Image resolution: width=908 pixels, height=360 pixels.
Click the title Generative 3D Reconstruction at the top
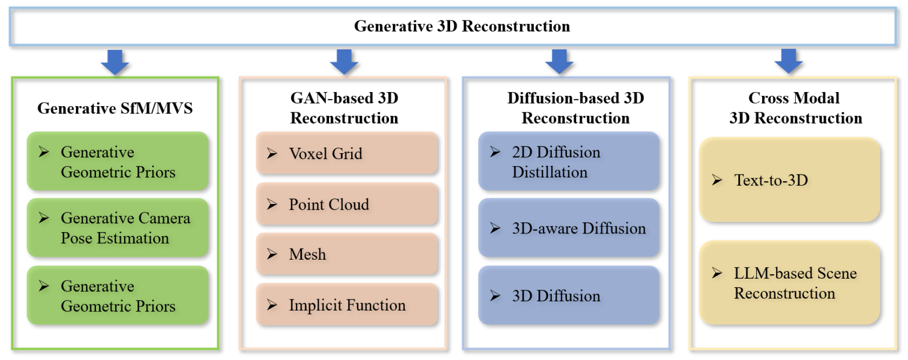pyautogui.click(x=462, y=26)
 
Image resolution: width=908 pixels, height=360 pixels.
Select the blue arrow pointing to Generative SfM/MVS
pyautogui.click(x=115, y=62)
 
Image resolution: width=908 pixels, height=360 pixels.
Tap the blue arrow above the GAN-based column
pyautogui.click(x=344, y=62)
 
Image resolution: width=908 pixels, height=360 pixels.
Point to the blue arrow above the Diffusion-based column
pyautogui.click(x=559, y=62)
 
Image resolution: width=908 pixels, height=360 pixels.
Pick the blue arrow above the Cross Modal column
pyautogui.click(x=788, y=62)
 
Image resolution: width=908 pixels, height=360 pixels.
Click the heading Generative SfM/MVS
pyautogui.click(x=115, y=108)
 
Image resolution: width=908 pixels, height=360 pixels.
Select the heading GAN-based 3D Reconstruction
pyautogui.click(x=344, y=108)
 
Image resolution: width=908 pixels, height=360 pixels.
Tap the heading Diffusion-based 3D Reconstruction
pyautogui.click(x=576, y=108)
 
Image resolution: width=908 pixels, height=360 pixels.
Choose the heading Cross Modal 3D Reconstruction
pyautogui.click(x=796, y=108)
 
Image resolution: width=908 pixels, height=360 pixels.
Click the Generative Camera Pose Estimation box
pyautogui.click(x=118, y=228)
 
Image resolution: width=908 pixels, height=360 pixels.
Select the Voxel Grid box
pyautogui.click(x=347, y=153)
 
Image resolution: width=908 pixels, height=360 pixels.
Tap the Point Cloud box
pyautogui.click(x=347, y=204)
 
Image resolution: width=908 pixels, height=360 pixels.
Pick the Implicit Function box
pyautogui.click(x=347, y=304)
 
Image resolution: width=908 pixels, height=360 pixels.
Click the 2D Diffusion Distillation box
pyautogui.click(x=569, y=161)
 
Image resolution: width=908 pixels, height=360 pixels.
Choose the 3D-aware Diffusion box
pyautogui.click(x=569, y=228)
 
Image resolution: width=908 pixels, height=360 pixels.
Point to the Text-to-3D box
pyautogui.click(x=790, y=180)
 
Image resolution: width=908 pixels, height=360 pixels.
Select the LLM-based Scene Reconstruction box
pyautogui.click(x=790, y=283)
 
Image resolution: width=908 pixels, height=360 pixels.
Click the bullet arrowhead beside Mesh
pyautogui.click(x=272, y=254)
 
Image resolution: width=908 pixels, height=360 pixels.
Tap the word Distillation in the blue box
pyautogui.click(x=549, y=172)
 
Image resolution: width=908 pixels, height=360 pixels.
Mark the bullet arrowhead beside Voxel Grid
pyautogui.click(x=272, y=153)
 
